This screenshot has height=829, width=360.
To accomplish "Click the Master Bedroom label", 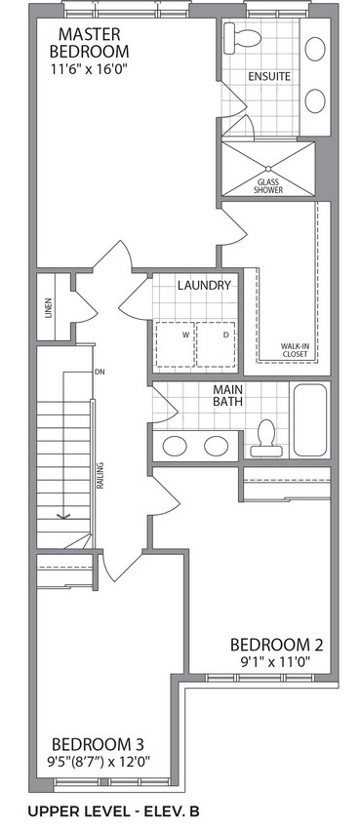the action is tap(90, 43).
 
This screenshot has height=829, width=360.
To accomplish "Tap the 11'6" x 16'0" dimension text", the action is tap(90, 69).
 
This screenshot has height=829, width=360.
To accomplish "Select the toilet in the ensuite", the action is tap(242, 38).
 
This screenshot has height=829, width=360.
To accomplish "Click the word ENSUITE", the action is tap(269, 77).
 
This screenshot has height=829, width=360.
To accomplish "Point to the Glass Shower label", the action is tap(268, 186).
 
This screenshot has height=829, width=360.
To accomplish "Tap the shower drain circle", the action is tap(268, 169).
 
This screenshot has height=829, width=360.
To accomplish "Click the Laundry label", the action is tap(204, 286).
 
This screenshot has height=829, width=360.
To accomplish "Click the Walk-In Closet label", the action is tap(294, 350).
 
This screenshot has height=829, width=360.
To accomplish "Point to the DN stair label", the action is tap(100, 372).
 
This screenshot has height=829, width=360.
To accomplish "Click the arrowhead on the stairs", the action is tap(63, 515).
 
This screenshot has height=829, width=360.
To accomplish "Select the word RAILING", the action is tap(100, 475).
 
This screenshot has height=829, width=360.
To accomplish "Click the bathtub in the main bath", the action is tap(310, 419).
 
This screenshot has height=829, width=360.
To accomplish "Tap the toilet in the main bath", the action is tap(263, 438).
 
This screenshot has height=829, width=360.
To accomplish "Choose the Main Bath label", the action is tap(228, 395).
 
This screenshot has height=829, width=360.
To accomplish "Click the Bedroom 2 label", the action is tap(276, 645).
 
